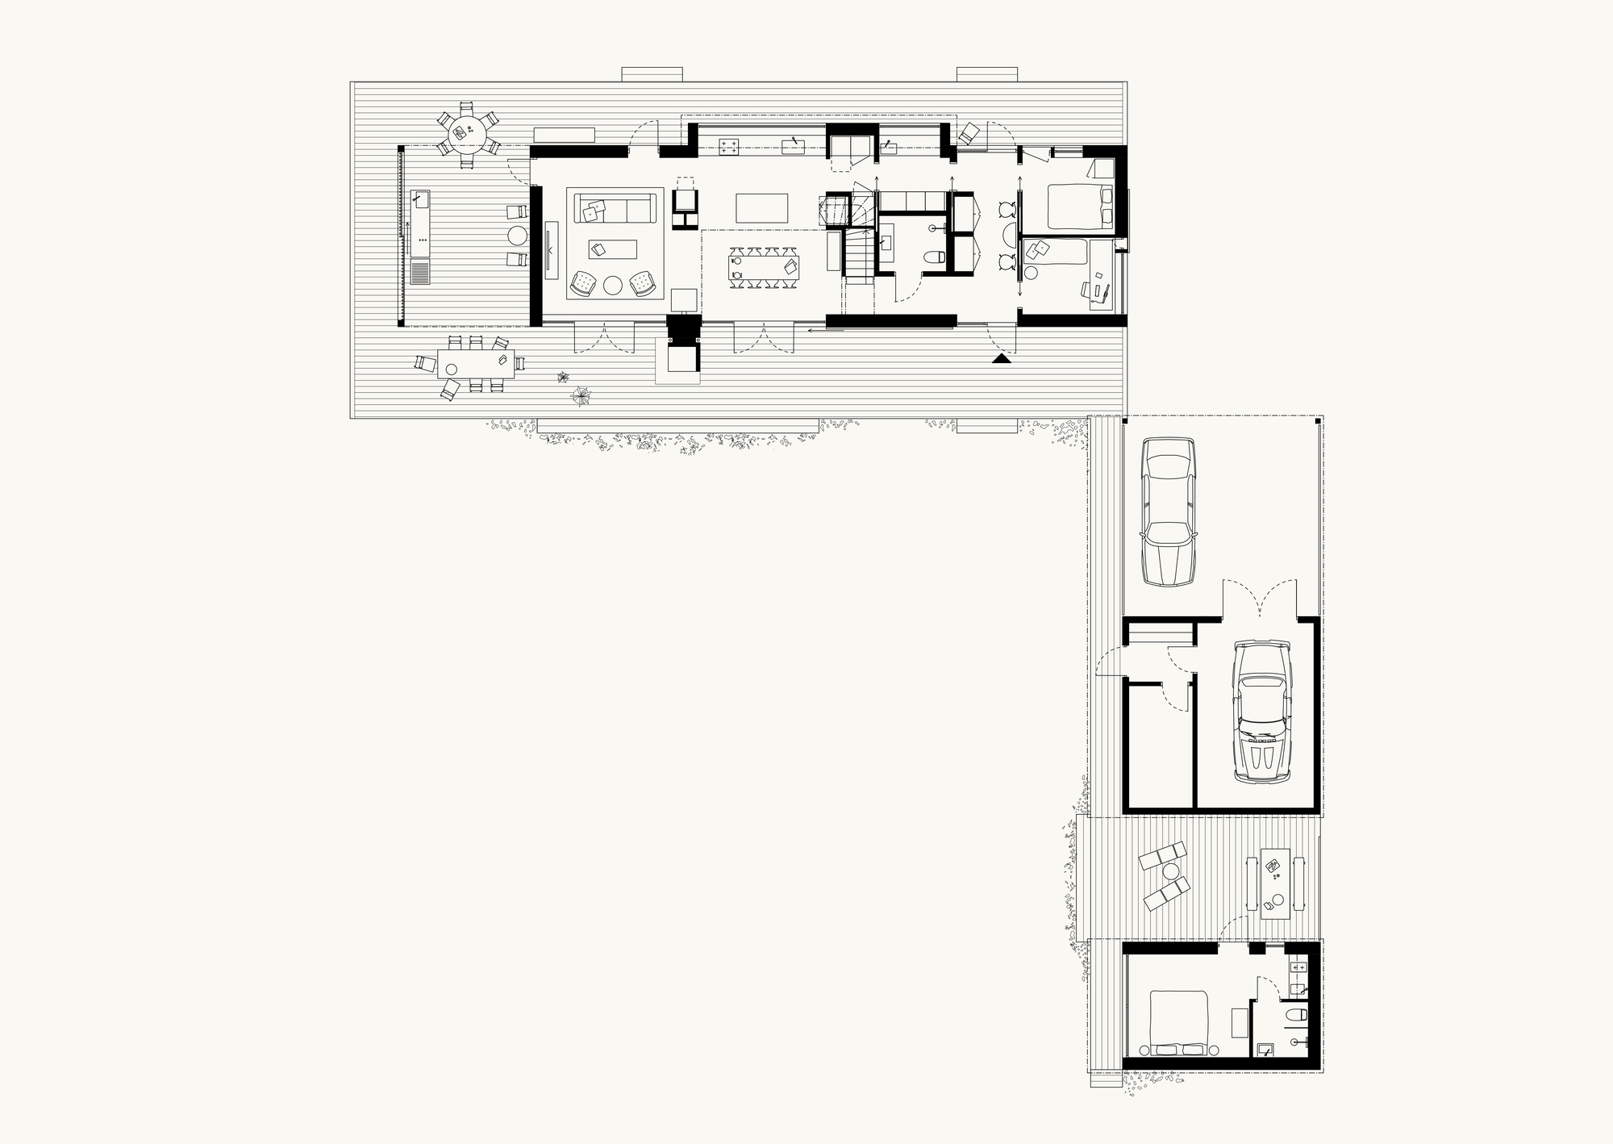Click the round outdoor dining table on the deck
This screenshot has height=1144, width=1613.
tap(467, 132)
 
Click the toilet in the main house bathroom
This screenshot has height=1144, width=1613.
tap(936, 259)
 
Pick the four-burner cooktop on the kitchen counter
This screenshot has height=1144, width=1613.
tap(729, 145)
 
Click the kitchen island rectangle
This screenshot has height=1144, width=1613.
tap(761, 207)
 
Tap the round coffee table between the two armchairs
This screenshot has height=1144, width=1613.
tap(613, 285)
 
